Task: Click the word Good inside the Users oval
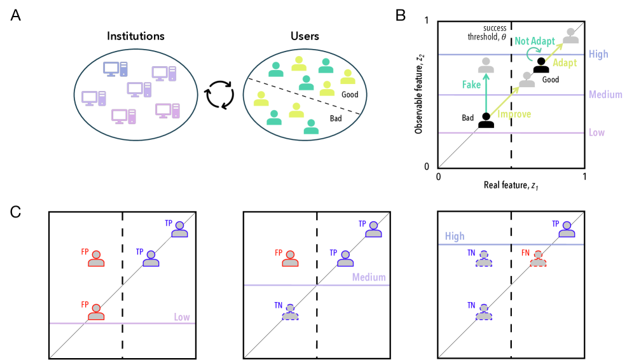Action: point(350,94)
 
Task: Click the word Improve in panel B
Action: point(514,114)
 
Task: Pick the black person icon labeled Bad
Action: point(486,120)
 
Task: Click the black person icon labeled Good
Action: point(541,65)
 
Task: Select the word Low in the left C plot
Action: point(182,317)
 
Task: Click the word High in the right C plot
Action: point(455,236)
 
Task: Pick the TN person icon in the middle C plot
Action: point(290,312)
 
